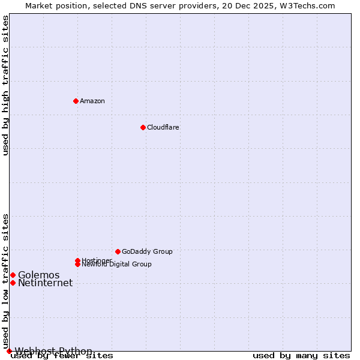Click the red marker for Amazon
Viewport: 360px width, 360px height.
click(76, 101)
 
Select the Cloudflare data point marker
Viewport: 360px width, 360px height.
click(143, 127)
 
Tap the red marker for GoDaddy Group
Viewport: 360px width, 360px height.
click(118, 251)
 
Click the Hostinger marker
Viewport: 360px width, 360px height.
click(77, 260)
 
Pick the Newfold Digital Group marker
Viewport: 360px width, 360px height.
click(77, 264)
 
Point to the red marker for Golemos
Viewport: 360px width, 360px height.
click(13, 275)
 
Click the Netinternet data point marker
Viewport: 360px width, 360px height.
click(13, 283)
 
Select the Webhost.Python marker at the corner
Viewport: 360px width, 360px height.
click(9, 351)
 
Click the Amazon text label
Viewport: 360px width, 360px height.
click(92, 101)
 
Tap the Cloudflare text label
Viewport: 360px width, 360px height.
click(163, 127)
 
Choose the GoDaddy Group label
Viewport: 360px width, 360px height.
click(147, 251)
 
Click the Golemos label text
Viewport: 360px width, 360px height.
click(38, 275)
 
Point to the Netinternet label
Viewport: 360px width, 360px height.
click(45, 283)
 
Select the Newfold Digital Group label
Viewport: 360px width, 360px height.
click(117, 265)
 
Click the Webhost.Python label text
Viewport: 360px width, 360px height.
click(53, 351)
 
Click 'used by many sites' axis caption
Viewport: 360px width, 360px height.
click(301, 356)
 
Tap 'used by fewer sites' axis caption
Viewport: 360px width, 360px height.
click(62, 356)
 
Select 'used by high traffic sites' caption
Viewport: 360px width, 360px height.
click(5, 85)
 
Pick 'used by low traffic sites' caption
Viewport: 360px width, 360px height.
click(5, 281)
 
